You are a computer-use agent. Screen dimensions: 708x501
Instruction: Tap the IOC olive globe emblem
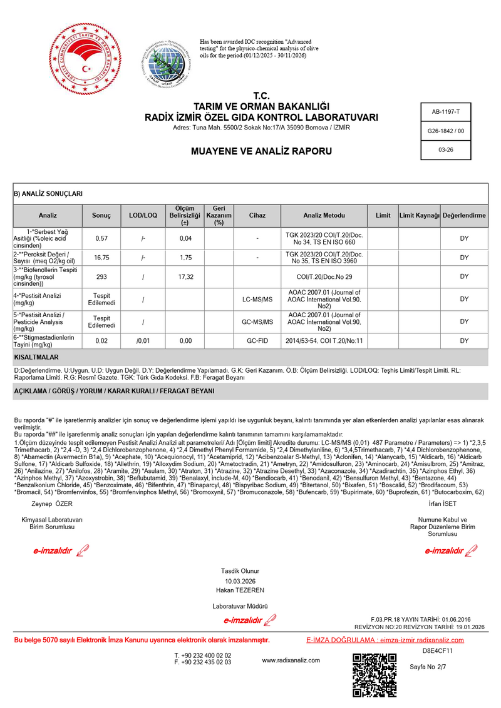(166, 63)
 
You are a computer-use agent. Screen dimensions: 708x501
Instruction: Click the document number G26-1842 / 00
(445, 131)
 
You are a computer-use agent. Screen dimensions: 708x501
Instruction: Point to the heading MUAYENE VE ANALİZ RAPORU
(261, 151)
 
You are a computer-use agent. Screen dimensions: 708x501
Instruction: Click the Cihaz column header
(257, 215)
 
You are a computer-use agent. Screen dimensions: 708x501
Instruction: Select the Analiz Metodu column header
(324, 215)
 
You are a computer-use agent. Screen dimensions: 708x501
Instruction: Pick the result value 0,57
(101, 238)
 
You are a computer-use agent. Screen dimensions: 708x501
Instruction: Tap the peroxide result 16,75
(101, 258)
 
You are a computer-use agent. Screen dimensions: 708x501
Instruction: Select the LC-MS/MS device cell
(257, 300)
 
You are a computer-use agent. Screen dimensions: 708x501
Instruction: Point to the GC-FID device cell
(257, 341)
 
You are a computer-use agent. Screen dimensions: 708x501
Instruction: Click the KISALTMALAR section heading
(36, 357)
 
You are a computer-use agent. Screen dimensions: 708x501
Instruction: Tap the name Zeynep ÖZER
(48, 504)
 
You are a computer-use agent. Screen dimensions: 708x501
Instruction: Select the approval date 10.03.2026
(240, 580)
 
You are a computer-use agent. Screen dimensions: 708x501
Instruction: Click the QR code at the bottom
(374, 675)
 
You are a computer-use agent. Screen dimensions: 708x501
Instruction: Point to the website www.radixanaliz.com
(291, 660)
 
